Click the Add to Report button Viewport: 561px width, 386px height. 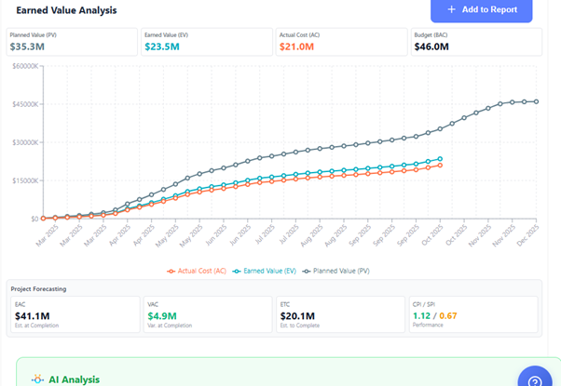(481, 9)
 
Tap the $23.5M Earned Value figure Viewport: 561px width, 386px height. (163, 45)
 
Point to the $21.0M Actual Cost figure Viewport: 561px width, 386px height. (298, 45)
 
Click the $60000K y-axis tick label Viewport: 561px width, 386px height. (23, 66)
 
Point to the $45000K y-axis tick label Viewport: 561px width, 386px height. (23, 104)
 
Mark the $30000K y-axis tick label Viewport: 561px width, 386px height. (23, 142)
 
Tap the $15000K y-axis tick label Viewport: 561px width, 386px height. (23, 180)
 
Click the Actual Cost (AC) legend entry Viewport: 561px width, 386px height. (197, 271)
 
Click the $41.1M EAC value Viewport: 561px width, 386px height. (33, 314)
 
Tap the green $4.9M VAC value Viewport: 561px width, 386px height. (164, 314)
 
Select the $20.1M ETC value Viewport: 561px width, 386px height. (298, 314)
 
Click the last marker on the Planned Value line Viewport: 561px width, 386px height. (536, 101)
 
